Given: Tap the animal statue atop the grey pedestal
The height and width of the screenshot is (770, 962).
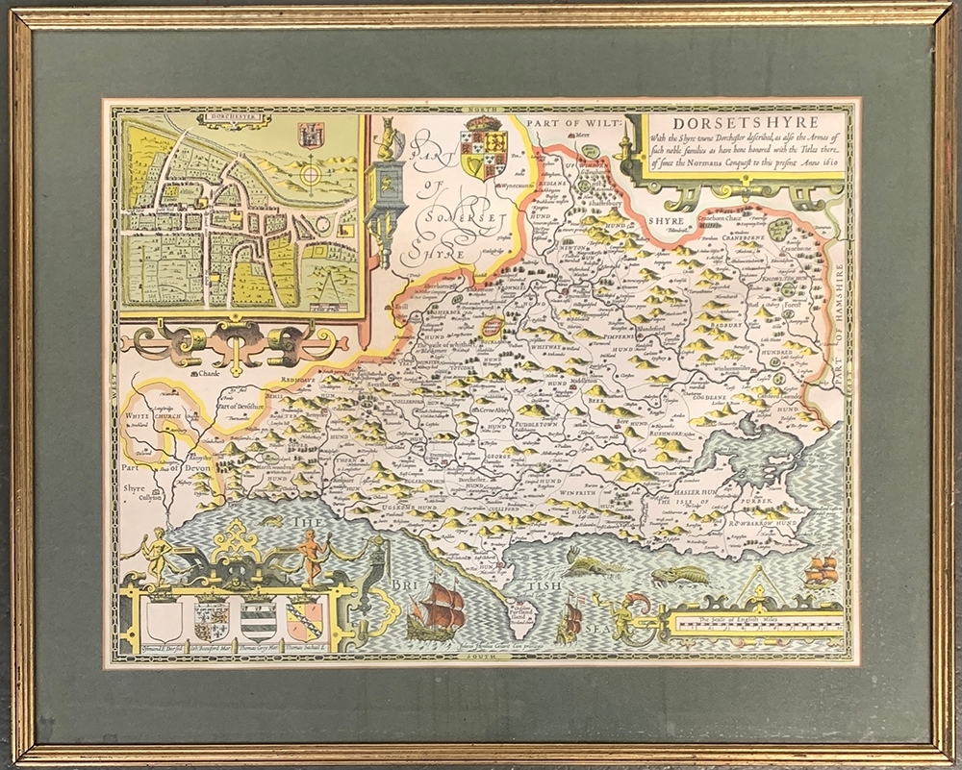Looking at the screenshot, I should [x=388, y=141].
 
